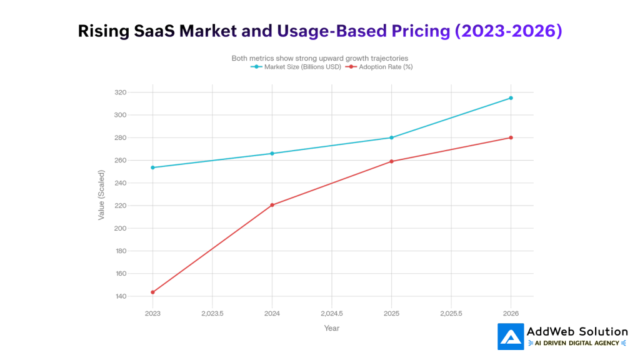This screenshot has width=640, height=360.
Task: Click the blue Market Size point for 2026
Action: click(x=511, y=98)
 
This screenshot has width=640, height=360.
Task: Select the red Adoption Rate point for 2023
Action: click(x=152, y=292)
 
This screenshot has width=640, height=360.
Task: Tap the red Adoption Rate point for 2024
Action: click(x=272, y=205)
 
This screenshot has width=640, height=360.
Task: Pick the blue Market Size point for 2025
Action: click(x=391, y=137)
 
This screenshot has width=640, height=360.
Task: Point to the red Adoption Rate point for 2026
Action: click(x=511, y=137)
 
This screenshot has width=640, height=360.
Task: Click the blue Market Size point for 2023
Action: click(x=152, y=167)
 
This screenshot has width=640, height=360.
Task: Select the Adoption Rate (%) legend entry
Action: click(x=381, y=67)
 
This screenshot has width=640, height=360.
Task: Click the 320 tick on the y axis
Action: click(x=120, y=92)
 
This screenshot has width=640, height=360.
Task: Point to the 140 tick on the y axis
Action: click(x=120, y=296)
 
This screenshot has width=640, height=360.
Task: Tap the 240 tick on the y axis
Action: click(x=120, y=183)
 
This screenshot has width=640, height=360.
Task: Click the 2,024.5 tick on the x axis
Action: click(x=331, y=312)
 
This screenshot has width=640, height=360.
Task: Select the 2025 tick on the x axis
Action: click(x=391, y=312)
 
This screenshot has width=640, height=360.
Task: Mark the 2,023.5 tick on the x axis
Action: click(x=212, y=312)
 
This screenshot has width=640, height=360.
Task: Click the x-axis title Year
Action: click(x=331, y=328)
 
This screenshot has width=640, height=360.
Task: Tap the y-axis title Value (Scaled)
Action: click(x=101, y=194)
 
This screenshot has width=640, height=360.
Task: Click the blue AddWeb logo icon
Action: click(x=511, y=336)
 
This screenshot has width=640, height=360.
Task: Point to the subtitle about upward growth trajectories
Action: click(x=319, y=58)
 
